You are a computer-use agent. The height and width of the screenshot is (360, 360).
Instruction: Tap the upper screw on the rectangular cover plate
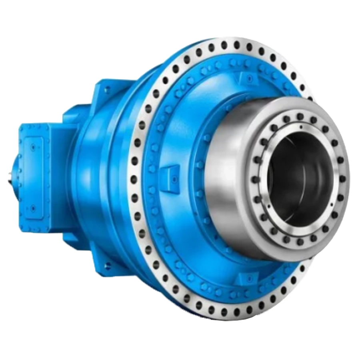point(31,147)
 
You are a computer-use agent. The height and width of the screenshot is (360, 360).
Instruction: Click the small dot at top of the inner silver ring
point(300,128)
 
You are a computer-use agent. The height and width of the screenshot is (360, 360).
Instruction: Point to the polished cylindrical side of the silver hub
point(228,176)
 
